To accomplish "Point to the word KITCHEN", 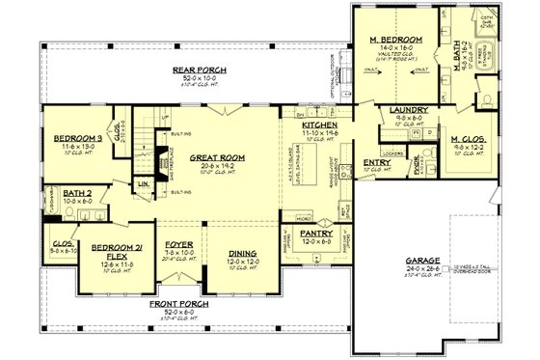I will coord(318,125).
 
